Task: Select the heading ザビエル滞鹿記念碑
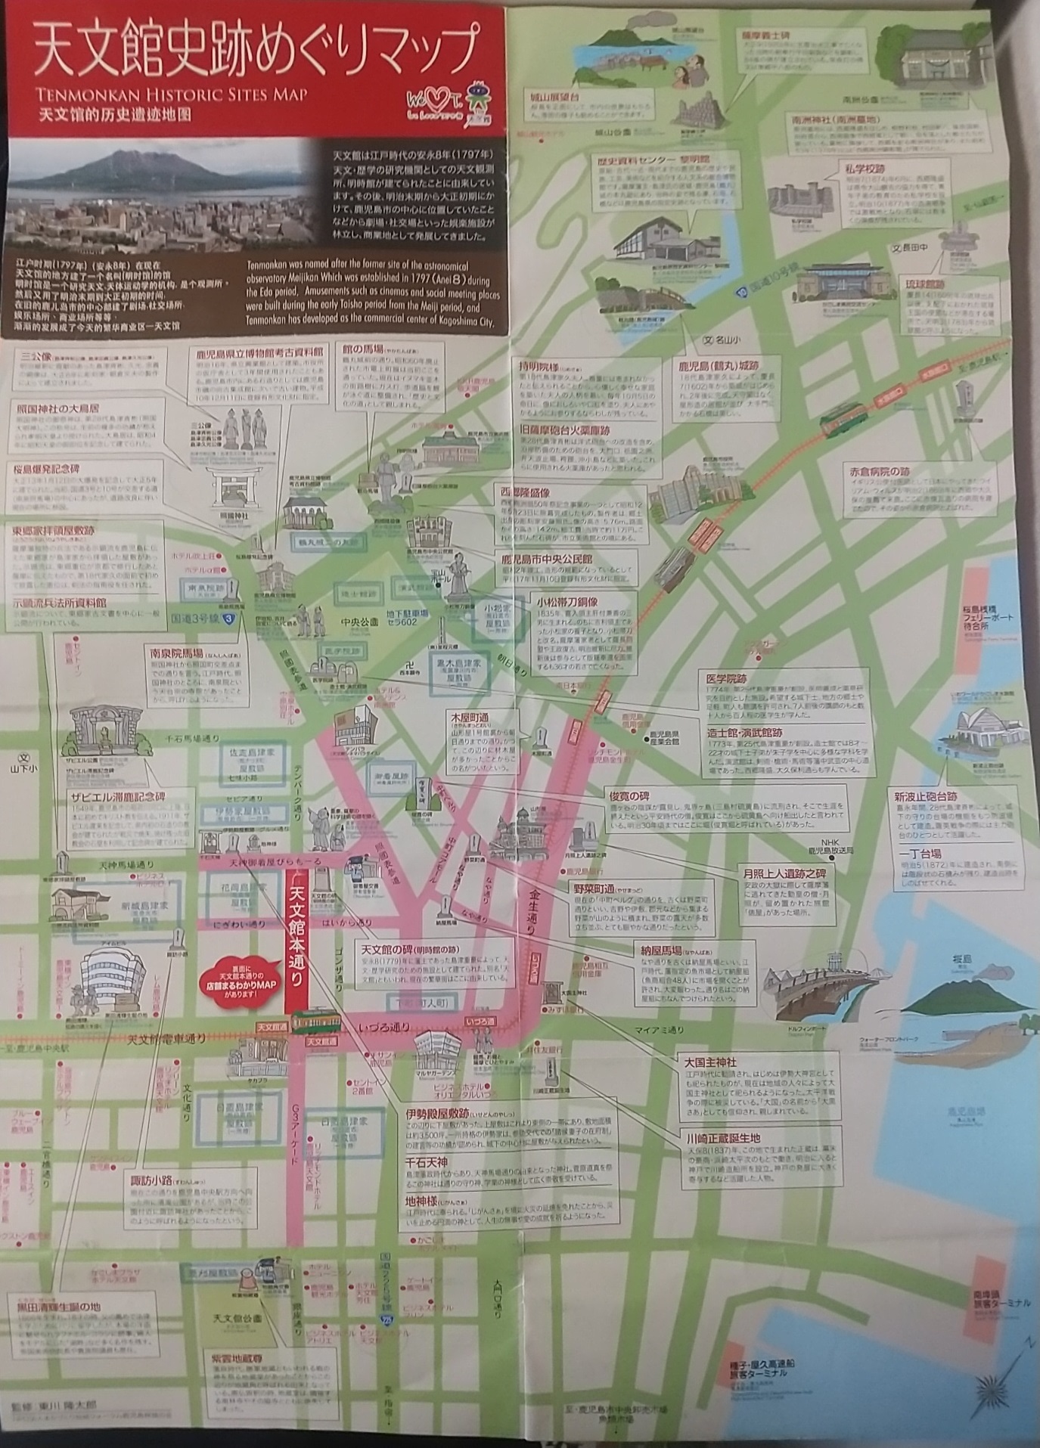coord(117,796)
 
